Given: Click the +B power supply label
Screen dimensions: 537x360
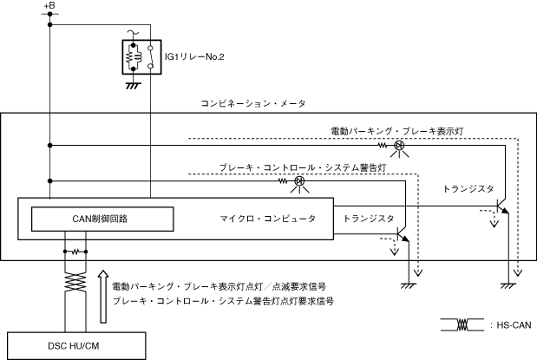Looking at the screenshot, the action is [49, 6].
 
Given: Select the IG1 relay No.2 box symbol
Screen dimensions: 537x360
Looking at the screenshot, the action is [141, 57].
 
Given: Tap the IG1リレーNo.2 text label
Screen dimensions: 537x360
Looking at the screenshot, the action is [194, 57].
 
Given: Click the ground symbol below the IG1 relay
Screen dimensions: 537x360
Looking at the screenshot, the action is [134, 86].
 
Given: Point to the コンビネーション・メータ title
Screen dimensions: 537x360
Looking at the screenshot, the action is [253, 103].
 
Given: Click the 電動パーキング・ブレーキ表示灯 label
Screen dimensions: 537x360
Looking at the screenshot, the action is [397, 131].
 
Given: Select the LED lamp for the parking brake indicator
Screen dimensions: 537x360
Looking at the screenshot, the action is [399, 146].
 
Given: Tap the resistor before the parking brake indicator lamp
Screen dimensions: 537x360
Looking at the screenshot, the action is [383, 146].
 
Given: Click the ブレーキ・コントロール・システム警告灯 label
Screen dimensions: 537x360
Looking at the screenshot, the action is [303, 167].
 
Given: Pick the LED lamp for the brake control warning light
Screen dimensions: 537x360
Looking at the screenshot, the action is [299, 180].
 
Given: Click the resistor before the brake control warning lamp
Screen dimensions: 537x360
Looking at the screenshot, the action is [283, 180].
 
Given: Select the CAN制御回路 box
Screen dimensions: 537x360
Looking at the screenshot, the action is [102, 219].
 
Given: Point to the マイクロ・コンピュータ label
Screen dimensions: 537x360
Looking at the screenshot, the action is [267, 219].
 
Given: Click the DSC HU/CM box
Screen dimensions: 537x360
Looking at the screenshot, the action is [76, 346].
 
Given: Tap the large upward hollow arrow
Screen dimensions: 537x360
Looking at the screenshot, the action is [103, 297].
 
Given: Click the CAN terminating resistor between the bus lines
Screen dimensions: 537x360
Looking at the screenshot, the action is [75, 252].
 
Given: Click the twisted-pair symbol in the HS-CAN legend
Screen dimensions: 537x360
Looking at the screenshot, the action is [462, 324].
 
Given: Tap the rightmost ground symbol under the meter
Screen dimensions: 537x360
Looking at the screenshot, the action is [508, 285].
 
